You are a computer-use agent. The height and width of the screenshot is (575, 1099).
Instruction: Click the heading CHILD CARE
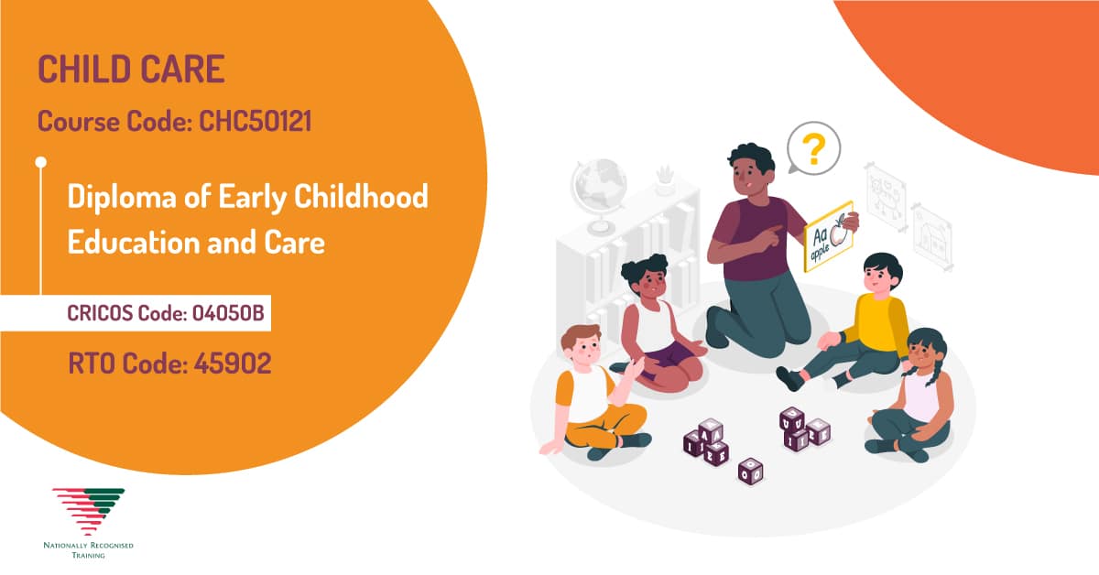pos(132,69)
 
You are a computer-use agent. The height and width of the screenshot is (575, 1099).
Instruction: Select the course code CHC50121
pos(256,121)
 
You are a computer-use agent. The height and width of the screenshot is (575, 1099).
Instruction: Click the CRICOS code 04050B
pos(228,313)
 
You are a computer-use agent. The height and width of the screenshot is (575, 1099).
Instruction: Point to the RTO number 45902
pos(233,363)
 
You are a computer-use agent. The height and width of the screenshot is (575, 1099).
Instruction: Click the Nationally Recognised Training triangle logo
pos(88,511)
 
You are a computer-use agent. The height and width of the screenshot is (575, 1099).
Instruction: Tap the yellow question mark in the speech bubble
pos(813,149)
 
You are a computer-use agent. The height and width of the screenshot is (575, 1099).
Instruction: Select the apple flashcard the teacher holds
pos(829,236)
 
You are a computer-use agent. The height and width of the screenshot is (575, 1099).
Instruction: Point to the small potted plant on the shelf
pos(665,180)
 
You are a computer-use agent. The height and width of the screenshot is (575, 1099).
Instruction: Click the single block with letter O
pos(751,471)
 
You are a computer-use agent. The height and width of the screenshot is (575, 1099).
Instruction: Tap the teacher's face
pos(749,178)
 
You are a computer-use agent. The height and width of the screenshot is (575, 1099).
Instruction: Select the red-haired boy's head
pos(582,346)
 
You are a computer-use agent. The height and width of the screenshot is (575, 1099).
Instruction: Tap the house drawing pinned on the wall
pos(931,237)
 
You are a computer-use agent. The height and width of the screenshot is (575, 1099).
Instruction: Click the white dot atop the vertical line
pos(41,162)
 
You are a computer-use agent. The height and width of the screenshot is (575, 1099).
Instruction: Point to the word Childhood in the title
pos(361,196)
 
